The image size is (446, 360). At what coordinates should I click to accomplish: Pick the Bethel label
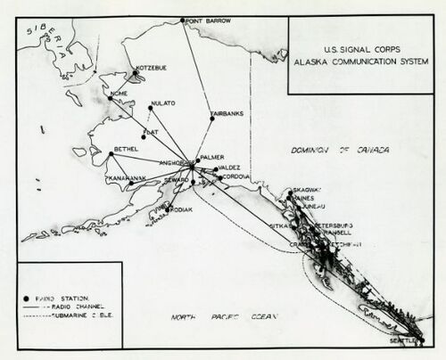(126, 149)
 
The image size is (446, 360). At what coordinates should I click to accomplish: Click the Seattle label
(406, 341)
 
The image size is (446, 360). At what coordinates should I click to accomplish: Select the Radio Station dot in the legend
(28, 295)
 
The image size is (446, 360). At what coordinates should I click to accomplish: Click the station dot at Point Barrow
(183, 20)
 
